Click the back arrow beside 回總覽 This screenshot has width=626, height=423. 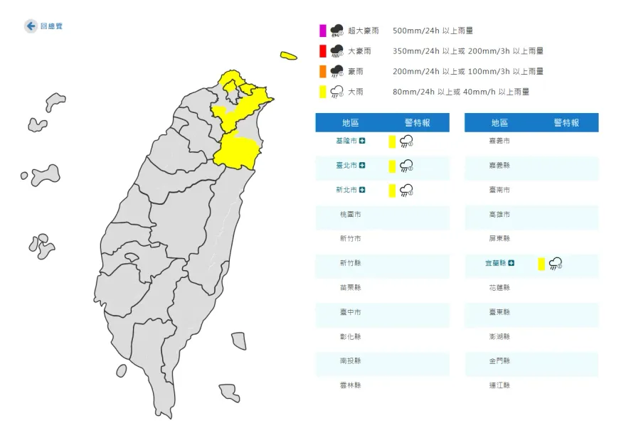click(x=31, y=26)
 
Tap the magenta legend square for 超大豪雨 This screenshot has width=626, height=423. click(x=323, y=31)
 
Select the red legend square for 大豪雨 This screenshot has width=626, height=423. click(x=323, y=51)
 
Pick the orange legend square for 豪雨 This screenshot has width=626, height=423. click(x=323, y=71)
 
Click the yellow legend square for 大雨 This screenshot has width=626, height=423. click(x=323, y=92)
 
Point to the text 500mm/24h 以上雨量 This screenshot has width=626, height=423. click(x=433, y=31)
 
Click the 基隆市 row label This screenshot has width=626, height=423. click(x=347, y=141)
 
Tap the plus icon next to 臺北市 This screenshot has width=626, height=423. click(x=362, y=166)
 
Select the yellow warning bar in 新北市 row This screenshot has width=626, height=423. click(x=391, y=190)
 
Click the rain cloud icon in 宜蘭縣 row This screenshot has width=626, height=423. click(x=556, y=264)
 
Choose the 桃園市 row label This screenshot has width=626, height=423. click(x=350, y=215)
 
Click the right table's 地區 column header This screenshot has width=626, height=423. click(x=499, y=123)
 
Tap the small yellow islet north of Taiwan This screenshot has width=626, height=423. click(x=288, y=55)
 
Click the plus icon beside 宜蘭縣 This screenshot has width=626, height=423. click(x=511, y=263)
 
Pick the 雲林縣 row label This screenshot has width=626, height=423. click(x=350, y=385)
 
